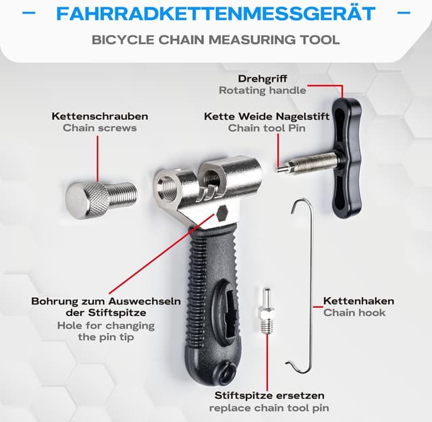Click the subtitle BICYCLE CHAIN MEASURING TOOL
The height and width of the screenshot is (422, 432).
(216, 38)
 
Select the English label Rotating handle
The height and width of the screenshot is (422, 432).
(263, 90)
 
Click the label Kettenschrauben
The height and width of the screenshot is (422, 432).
(100, 116)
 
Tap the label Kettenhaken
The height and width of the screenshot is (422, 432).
(358, 301)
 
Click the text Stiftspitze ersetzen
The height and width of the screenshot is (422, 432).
(269, 395)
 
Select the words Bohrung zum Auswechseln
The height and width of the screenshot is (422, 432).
(106, 301)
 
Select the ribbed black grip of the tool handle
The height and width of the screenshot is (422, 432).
(206, 270)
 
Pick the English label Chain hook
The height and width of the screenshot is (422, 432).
(354, 313)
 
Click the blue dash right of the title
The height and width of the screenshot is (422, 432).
(404, 13)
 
